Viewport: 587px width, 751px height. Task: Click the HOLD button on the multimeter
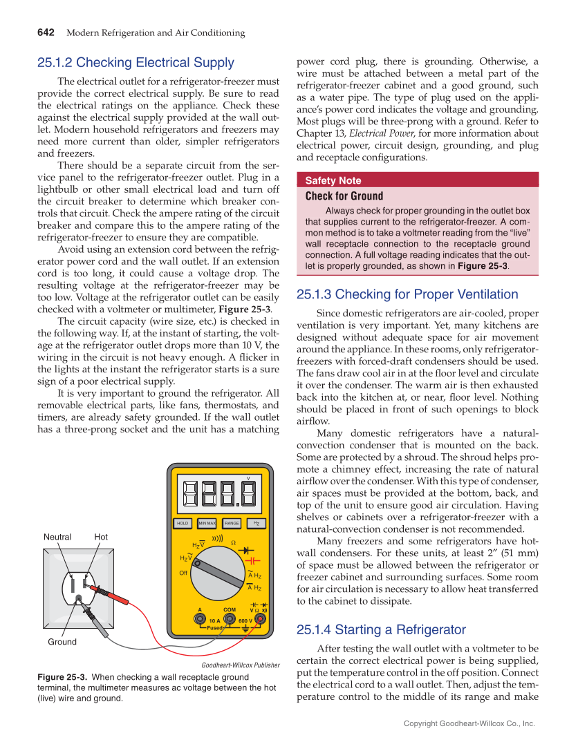[x=183, y=523]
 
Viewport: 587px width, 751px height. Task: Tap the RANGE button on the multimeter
[x=232, y=523]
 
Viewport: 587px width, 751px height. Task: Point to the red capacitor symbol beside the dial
[x=252, y=560]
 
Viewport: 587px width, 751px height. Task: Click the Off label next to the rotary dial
[x=183, y=573]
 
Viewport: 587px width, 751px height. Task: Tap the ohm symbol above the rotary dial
[x=233, y=543]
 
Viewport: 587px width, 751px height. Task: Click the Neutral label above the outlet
[x=57, y=537]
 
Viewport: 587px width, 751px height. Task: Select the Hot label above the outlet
[x=101, y=537]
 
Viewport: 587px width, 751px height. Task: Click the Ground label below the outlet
[x=62, y=642]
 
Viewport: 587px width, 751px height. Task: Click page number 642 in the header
[x=46, y=32]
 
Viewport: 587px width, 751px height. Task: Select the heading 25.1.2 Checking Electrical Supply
[x=136, y=63]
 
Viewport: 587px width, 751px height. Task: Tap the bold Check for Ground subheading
[x=344, y=196]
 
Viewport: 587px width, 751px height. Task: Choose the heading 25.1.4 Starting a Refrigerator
[x=381, y=629]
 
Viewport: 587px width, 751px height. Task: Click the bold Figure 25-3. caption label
[x=62, y=678]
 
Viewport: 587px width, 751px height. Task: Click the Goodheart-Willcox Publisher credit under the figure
[x=240, y=665]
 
